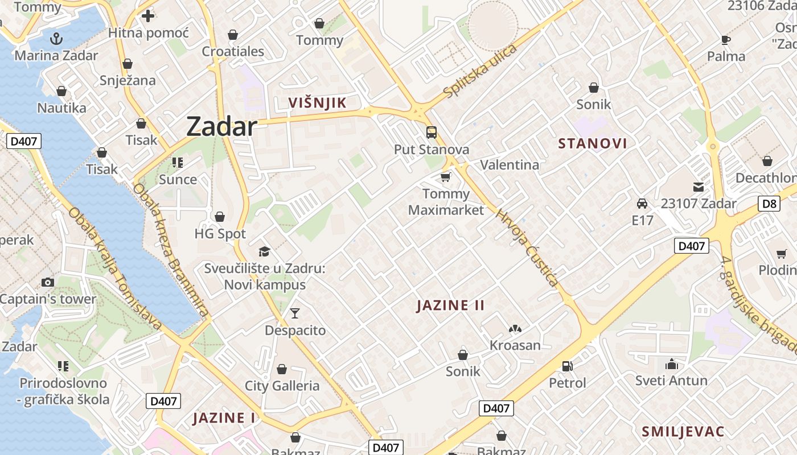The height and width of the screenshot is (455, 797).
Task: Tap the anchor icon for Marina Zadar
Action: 56,39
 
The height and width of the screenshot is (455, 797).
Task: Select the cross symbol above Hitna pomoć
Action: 148,16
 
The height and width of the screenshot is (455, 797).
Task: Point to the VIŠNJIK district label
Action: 317,103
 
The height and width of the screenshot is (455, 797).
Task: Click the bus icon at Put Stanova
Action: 432,133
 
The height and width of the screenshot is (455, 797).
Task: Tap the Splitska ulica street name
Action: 480,71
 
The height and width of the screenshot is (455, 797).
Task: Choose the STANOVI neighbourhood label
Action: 593,143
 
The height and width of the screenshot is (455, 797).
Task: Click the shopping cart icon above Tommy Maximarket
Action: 446,177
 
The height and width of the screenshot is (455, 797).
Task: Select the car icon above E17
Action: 642,203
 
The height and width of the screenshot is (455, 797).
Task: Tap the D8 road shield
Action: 769,204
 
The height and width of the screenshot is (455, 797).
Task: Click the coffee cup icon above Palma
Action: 726,40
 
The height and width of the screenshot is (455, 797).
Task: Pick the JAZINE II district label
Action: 450,305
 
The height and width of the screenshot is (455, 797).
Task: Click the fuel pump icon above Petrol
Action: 567,366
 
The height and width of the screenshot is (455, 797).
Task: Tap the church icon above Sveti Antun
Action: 672,364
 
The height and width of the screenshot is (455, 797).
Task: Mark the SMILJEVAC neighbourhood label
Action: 683,432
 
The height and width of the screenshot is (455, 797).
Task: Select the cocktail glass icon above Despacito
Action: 295,313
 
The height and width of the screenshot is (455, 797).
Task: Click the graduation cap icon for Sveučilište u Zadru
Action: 264,251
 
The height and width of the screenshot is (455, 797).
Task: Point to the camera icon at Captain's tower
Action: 48,282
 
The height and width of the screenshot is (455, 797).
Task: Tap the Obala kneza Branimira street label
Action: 170,250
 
